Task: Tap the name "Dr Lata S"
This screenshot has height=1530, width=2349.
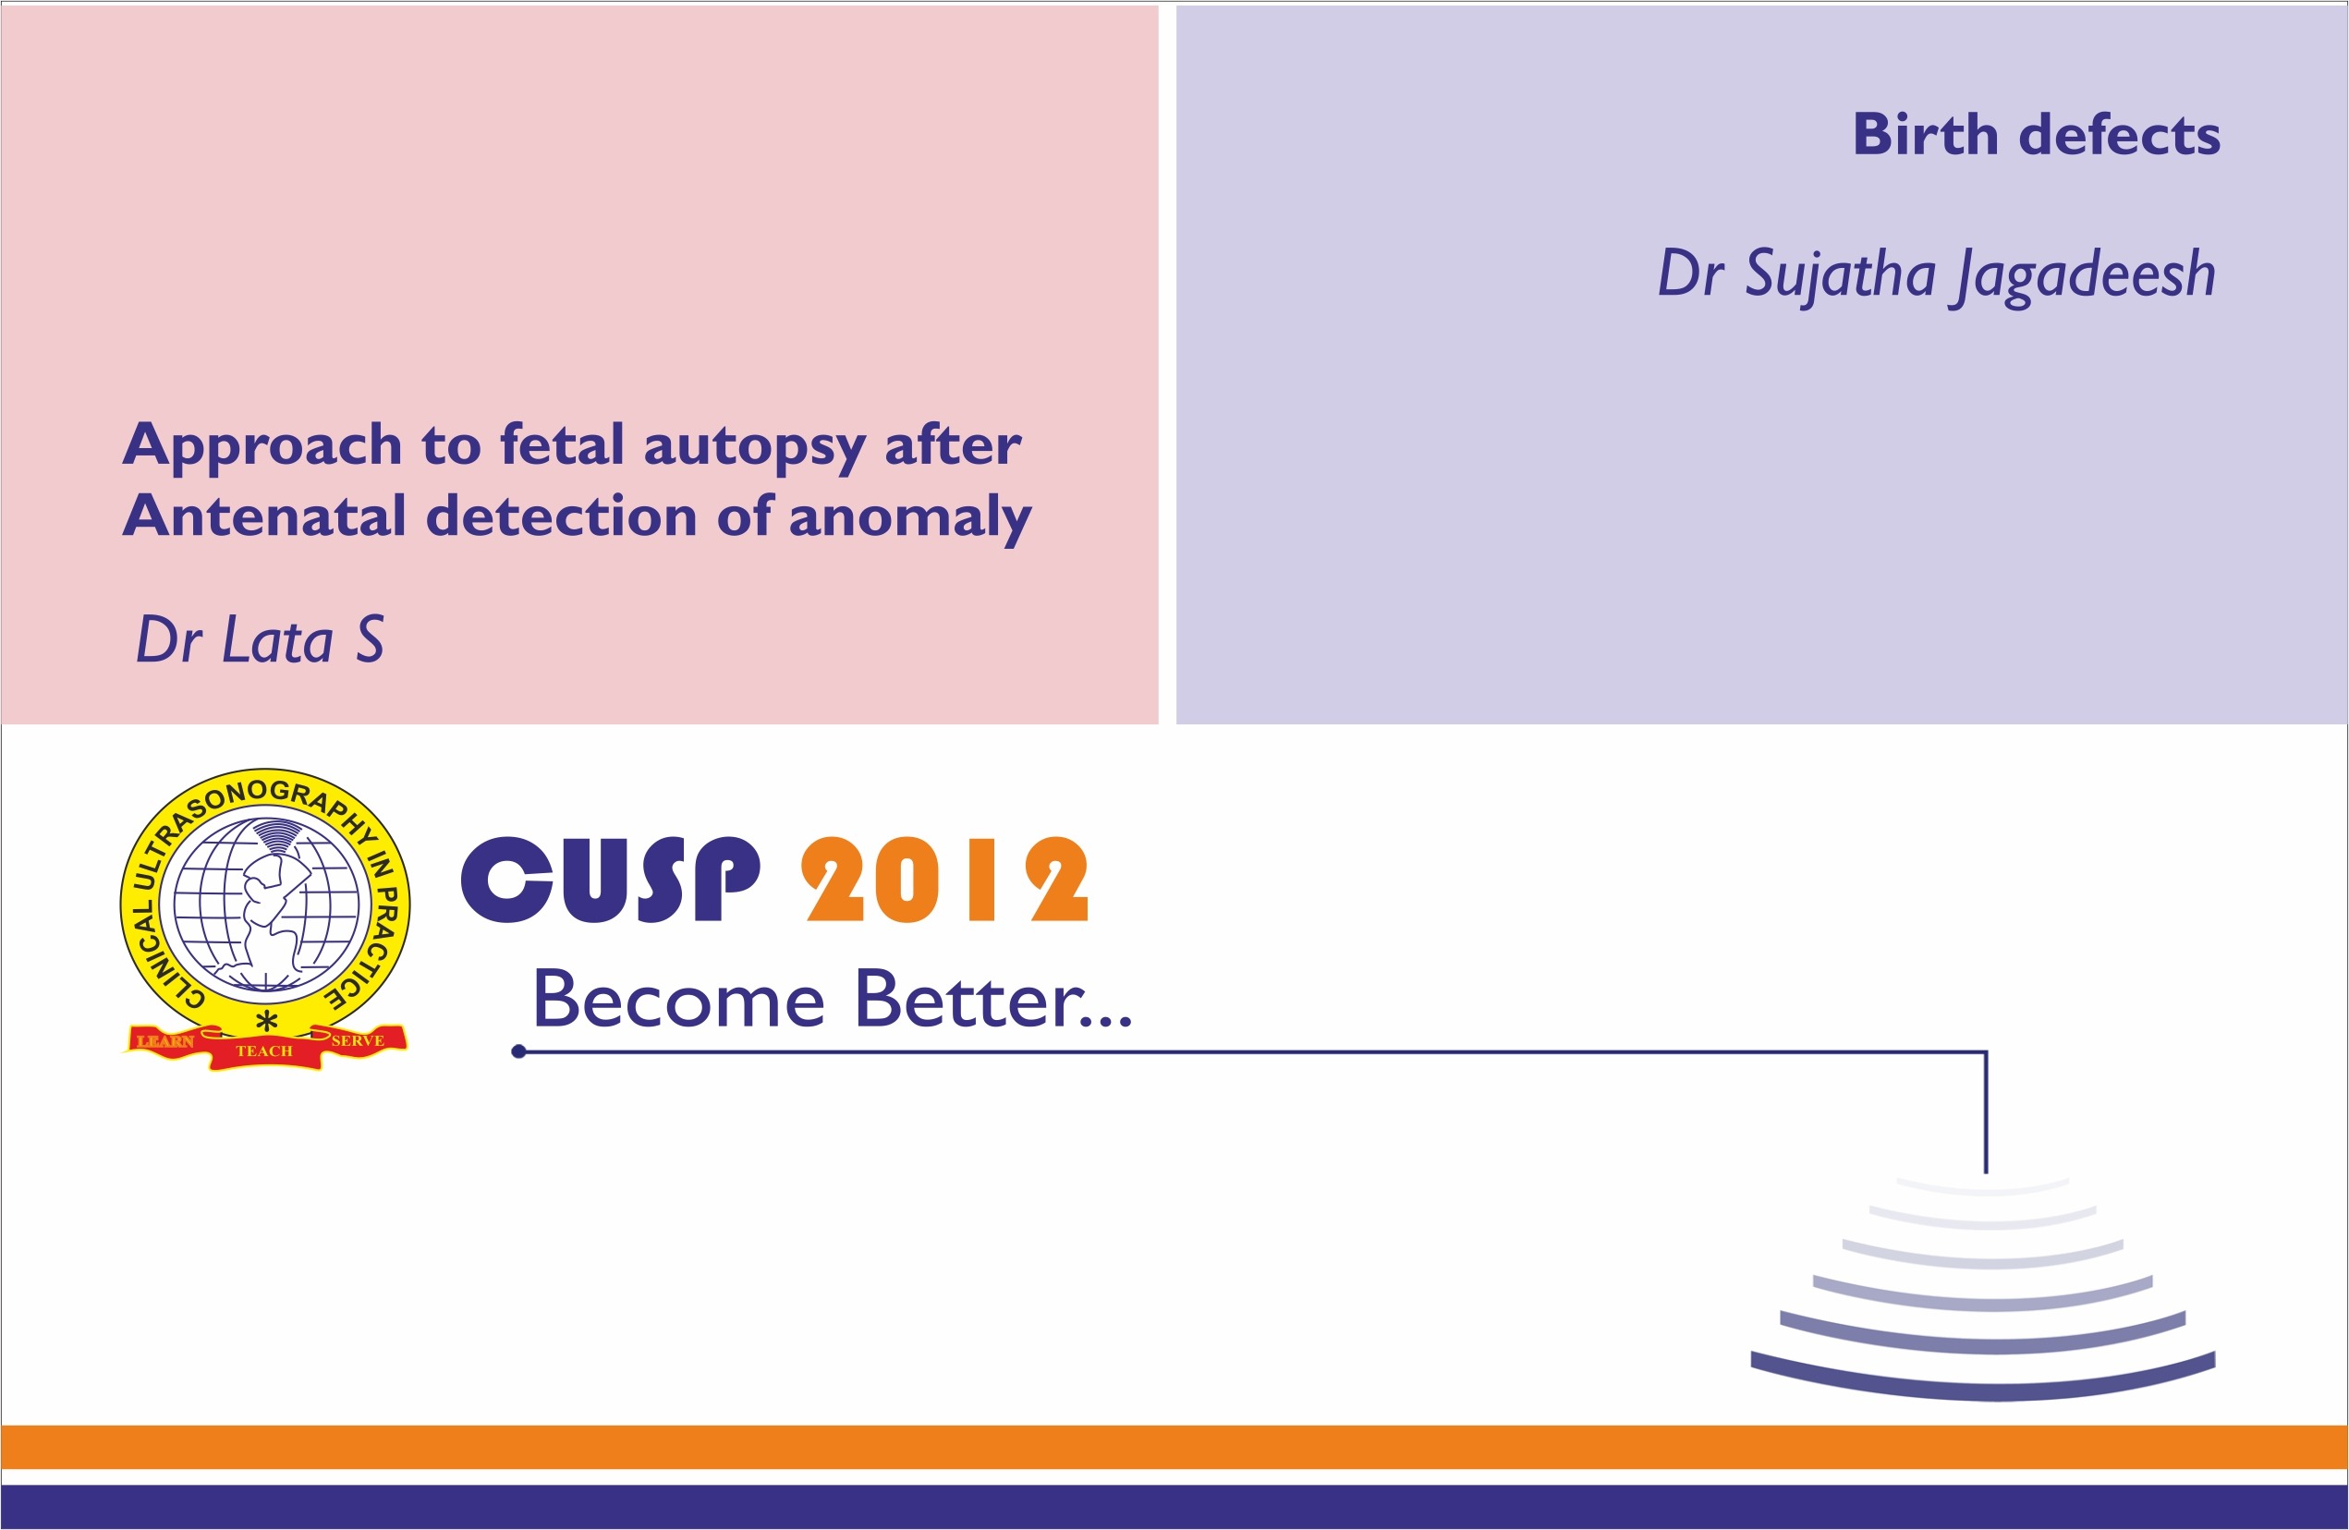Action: [x=260, y=640]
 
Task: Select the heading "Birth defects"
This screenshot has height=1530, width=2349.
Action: [x=2036, y=134]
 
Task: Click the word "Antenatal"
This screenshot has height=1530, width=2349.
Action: [x=263, y=516]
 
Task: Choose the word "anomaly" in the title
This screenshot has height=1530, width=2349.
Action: [x=909, y=518]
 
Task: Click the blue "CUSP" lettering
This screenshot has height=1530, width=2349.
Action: [x=611, y=880]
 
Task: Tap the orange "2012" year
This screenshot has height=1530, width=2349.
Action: [x=944, y=880]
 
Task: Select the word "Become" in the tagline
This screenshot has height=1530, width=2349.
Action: [x=678, y=1000]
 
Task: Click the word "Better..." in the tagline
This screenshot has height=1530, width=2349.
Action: [x=992, y=1000]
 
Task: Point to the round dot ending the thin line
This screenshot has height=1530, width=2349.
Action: [x=518, y=1052]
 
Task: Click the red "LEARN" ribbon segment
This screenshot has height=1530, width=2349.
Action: [x=164, y=1041]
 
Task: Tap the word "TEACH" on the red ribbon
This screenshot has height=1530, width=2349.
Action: [x=264, y=1051]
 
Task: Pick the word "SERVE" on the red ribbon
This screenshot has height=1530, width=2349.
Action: [x=358, y=1040]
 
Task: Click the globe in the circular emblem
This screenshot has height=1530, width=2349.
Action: [x=265, y=905]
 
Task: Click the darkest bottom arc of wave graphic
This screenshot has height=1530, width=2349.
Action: [x=1983, y=1382]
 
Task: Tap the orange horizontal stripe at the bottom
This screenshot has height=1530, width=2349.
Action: [x=1174, y=1446]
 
